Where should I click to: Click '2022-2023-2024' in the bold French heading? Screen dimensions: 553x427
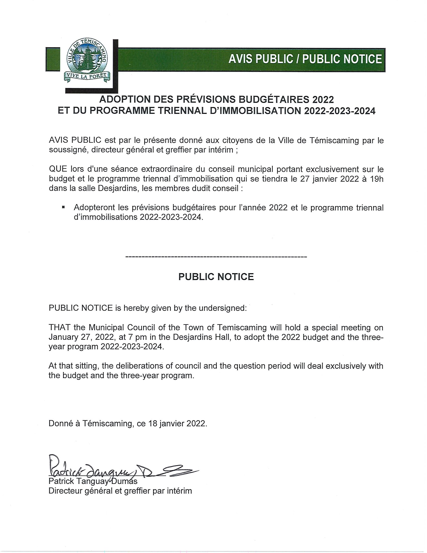click(340, 111)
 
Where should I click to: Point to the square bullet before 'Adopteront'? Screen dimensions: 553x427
click(63, 207)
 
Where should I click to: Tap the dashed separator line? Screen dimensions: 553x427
click(216, 257)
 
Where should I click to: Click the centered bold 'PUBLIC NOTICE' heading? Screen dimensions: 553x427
click(216, 277)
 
